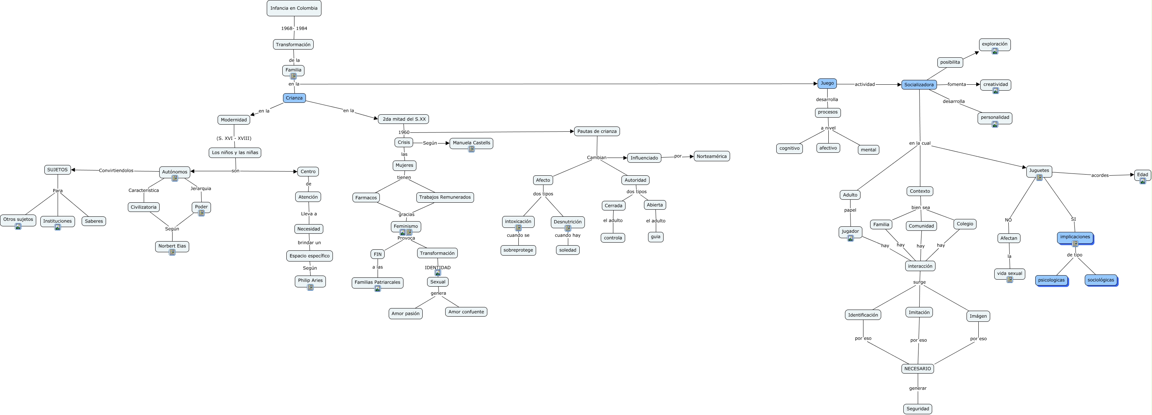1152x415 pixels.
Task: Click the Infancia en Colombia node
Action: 294,8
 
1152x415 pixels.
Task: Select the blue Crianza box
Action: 294,98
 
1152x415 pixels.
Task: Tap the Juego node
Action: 827,83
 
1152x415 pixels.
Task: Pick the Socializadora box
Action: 918,85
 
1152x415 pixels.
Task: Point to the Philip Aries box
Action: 310,281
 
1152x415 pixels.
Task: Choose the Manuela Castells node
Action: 471,143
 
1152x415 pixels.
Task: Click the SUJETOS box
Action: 58,170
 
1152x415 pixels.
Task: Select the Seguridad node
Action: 918,409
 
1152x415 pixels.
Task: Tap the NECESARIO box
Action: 917,369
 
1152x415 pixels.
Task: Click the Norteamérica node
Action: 712,156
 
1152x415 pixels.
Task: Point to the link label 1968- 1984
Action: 294,28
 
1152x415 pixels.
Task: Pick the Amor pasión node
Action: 406,313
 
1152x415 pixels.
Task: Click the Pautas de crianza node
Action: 597,131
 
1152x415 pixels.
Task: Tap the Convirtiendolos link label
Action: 116,171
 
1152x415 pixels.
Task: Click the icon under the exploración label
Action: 995,51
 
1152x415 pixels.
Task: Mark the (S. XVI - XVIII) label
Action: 234,138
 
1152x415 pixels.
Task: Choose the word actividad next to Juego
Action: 865,84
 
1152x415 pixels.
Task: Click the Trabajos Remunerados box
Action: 445,198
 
